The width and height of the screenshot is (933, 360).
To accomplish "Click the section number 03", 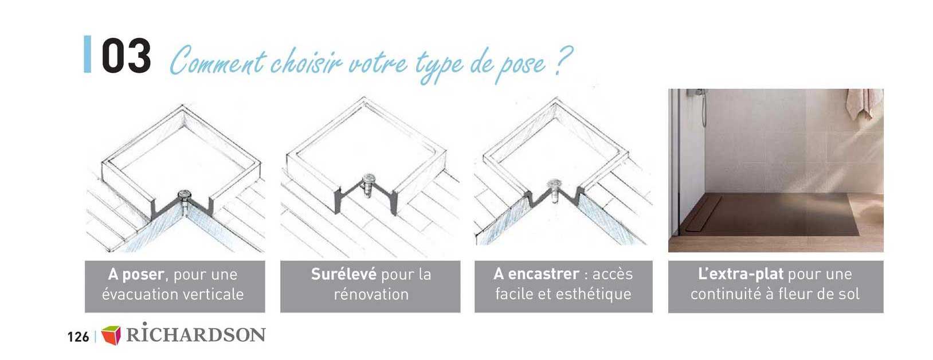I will pyautogui.click(x=126, y=56).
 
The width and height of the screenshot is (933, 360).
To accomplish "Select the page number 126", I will pyautogui.click(x=78, y=336).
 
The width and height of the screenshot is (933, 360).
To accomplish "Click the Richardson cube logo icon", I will pyautogui.click(x=111, y=335).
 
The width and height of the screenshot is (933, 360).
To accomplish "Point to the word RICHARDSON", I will pyautogui.click(x=195, y=335).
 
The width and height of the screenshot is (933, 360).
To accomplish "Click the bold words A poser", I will pyautogui.click(x=136, y=275).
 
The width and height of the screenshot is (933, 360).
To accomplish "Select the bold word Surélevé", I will pyautogui.click(x=343, y=274).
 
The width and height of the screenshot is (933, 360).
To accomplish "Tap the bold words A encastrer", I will pyautogui.click(x=536, y=274).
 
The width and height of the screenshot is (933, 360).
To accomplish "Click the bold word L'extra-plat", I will pyautogui.click(x=740, y=274).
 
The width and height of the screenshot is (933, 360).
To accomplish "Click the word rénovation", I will pyautogui.click(x=371, y=295).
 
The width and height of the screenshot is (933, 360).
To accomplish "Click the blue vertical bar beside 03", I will pyautogui.click(x=87, y=54).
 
